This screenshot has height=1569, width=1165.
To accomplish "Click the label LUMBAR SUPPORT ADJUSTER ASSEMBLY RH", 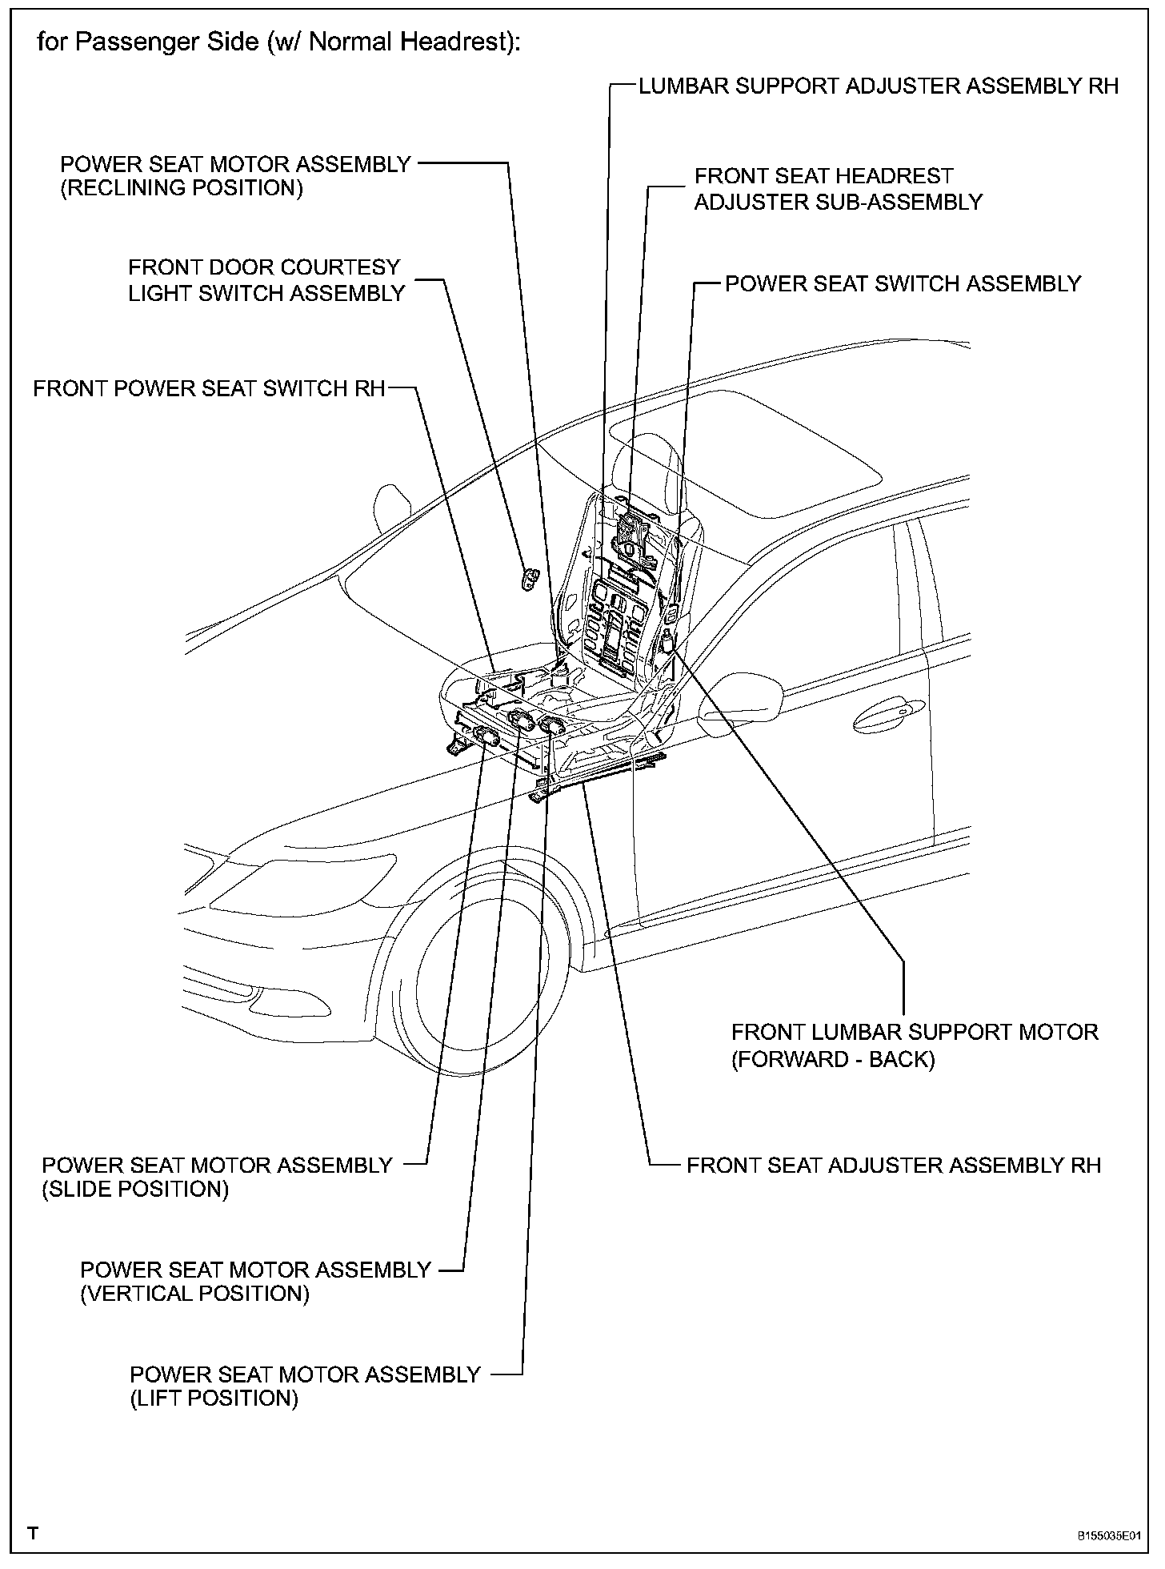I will (x=878, y=86).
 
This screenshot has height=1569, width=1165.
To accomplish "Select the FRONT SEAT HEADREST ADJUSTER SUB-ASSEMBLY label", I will (x=837, y=189).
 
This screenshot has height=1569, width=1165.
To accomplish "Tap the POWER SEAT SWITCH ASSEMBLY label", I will (x=903, y=284).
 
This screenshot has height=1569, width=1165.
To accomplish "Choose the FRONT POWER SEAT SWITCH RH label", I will (x=209, y=389).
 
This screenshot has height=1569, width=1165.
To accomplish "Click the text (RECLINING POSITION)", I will (x=182, y=189).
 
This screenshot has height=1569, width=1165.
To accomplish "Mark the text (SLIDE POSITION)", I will (x=135, y=1190).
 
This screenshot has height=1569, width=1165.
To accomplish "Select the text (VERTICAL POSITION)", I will (x=194, y=1294).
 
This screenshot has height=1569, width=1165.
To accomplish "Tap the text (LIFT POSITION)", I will (x=214, y=1398).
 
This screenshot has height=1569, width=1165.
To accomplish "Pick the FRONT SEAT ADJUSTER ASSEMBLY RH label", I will (x=894, y=1166).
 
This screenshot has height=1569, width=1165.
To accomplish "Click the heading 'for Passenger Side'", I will (x=278, y=42).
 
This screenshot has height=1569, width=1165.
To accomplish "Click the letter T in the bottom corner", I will (x=33, y=1534).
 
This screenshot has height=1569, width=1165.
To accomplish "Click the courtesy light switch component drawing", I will (x=530, y=578).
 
